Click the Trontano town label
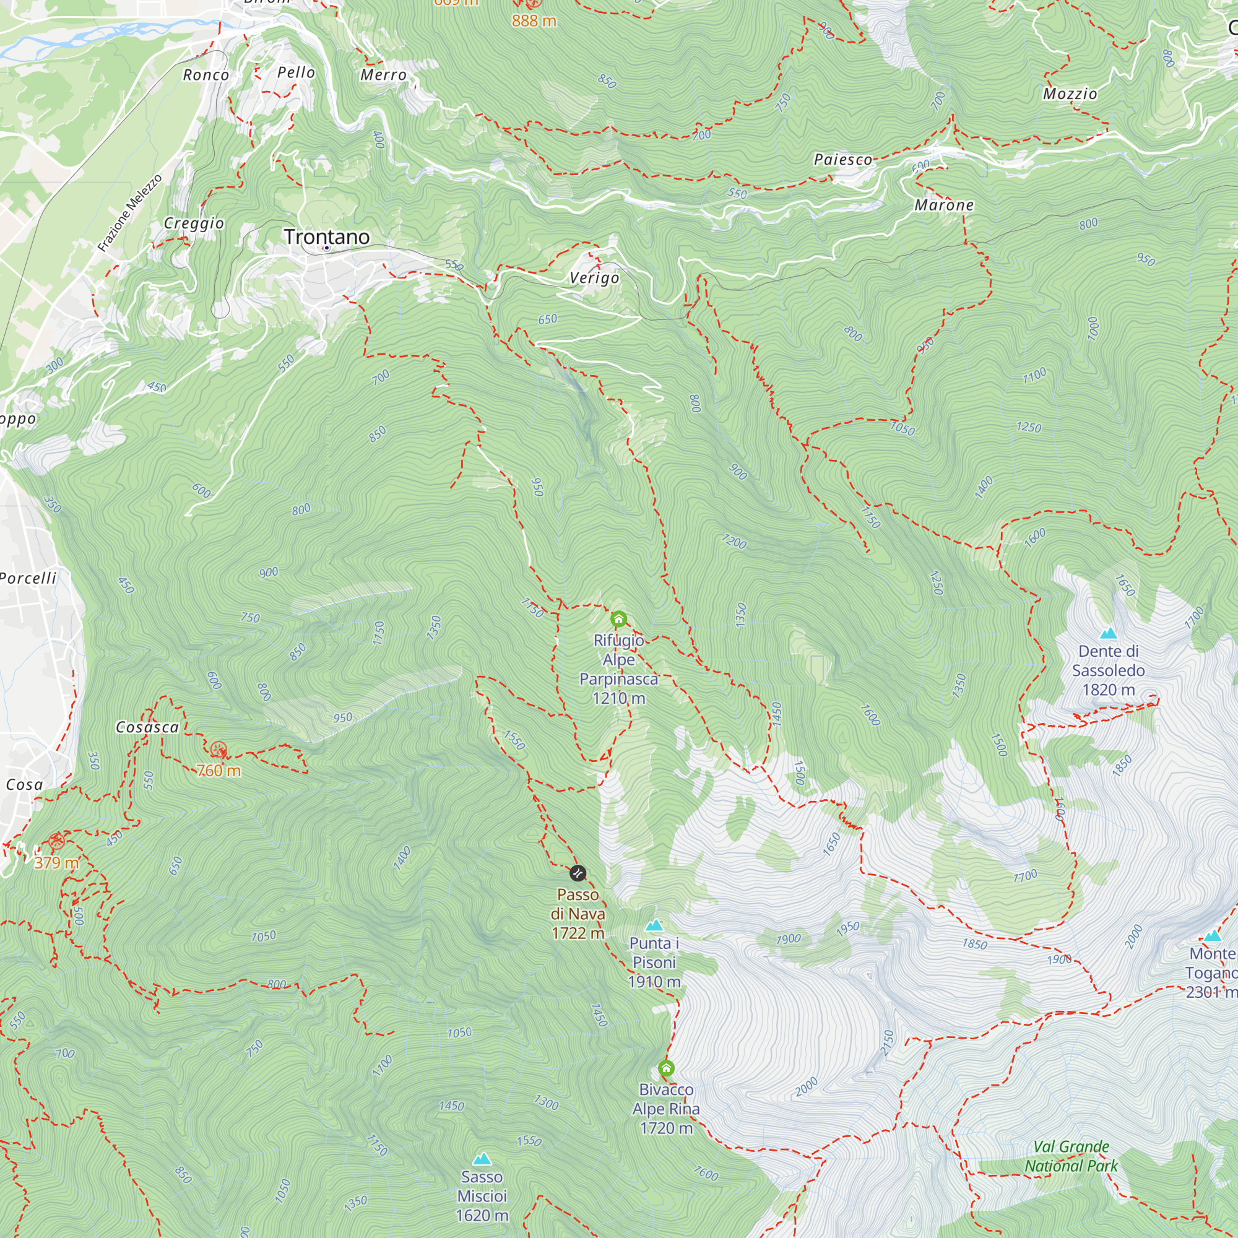tap(327, 236)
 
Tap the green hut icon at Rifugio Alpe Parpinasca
tap(618, 619)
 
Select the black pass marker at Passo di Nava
tap(578, 873)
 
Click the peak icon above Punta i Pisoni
tap(654, 925)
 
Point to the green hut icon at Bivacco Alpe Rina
tap(666, 1068)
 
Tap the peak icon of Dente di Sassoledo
tap(1108, 634)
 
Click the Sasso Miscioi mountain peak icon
tap(482, 1159)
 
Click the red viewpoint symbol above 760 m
tap(219, 749)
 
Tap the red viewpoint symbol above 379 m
tap(56, 841)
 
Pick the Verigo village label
tap(595, 277)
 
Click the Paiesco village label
tap(842, 159)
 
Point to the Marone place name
tap(944, 205)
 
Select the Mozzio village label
tap(1070, 93)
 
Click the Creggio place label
tap(194, 223)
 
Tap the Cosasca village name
tap(147, 727)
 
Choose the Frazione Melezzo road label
tap(130, 213)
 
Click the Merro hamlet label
tap(383, 75)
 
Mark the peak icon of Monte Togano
tap(1212, 935)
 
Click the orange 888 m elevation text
tap(534, 20)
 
